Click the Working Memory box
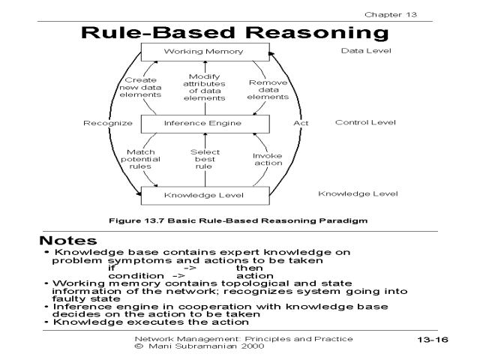(204, 52)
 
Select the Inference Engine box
(204, 122)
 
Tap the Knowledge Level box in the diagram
(204, 196)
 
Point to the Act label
(301, 122)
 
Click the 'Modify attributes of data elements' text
(204, 87)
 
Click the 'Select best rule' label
(204, 159)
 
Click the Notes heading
(68, 241)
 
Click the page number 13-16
(432, 340)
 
